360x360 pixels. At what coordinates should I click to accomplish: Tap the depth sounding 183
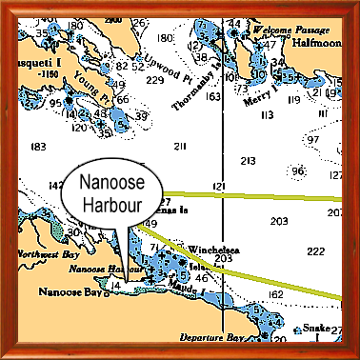tap(38, 146)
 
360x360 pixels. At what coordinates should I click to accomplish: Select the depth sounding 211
tap(180, 145)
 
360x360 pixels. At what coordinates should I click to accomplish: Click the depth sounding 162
tap(275, 295)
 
